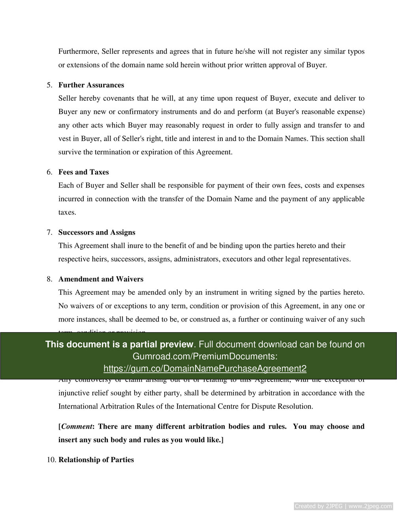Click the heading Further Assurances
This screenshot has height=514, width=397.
91,85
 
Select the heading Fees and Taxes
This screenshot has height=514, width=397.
83,172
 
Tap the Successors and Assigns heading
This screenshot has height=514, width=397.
97,232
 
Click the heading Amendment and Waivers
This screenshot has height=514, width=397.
101,279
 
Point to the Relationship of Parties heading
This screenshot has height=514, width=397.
96,459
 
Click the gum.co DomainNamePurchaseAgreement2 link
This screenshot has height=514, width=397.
205,369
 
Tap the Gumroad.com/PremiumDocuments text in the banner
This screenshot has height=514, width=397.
205,356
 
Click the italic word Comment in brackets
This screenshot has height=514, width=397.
77,426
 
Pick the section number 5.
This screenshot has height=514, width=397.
49,85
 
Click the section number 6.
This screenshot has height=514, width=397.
49,172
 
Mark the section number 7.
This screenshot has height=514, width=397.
49,232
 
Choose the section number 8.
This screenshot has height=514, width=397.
49,279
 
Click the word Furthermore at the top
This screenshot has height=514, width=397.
78,51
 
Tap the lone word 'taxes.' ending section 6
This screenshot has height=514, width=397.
67,212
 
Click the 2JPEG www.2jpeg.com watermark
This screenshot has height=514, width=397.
343,506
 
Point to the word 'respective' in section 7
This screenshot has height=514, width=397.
73,259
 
